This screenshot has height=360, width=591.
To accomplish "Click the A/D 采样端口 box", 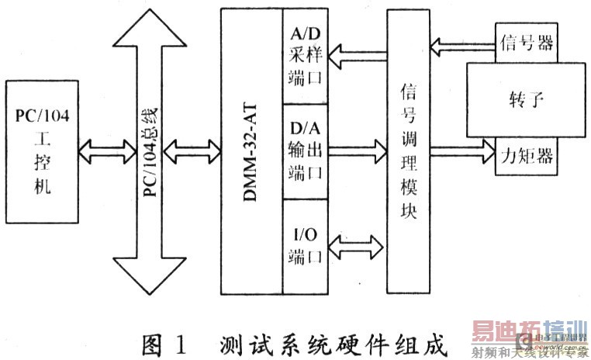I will tap(304, 57).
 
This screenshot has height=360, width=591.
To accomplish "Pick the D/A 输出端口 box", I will tap(304, 151).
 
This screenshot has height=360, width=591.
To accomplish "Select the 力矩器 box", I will tap(525, 156).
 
